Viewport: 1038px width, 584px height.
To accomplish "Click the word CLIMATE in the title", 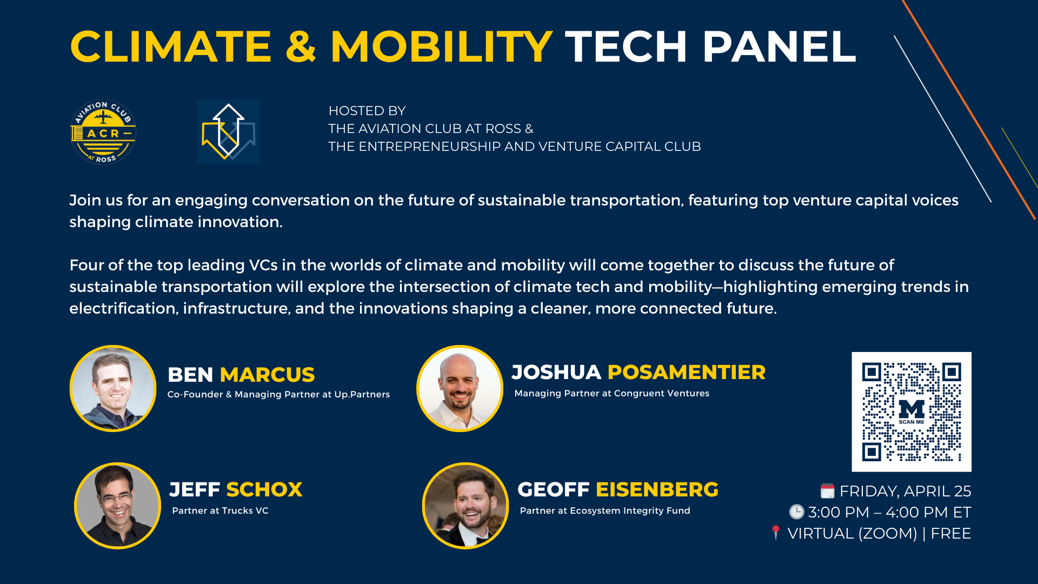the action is coord(170,47).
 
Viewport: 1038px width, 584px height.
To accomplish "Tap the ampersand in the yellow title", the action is coord(301,47).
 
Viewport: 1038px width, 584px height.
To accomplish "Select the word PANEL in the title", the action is coord(779,47).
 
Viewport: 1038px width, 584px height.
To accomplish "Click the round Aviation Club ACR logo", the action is coord(103,131).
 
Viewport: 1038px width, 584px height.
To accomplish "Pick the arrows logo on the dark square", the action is coord(228,131).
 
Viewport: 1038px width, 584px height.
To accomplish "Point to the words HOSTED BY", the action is coord(367,111).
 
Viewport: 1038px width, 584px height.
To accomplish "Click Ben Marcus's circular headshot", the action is coord(113,388).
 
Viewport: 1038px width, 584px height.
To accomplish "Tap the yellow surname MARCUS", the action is coord(267,375).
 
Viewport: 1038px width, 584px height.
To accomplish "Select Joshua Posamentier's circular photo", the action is coord(460,388).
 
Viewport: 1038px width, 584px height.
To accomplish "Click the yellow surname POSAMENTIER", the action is coord(687,372).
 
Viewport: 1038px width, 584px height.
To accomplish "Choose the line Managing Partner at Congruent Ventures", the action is coord(612,394).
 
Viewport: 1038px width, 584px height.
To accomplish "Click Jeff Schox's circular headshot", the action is coord(117,506).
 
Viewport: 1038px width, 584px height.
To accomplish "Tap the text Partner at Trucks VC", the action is coord(220,510).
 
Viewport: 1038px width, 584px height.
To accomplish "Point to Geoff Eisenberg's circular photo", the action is coord(465,506).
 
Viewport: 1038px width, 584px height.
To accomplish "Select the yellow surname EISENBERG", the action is coord(657,489).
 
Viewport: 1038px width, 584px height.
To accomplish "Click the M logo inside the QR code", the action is coord(911,409).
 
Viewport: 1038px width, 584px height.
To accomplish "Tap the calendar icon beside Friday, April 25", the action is coord(827,490).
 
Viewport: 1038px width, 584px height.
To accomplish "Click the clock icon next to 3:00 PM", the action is coord(796,512).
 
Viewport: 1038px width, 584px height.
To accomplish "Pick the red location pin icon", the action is coord(776,532).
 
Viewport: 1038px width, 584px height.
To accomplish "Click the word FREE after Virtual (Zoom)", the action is coord(951,534).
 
